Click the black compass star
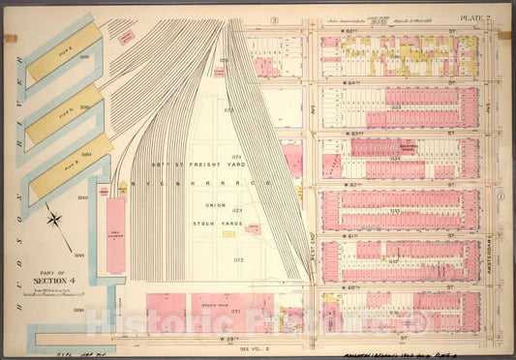tap(56, 220)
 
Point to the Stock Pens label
tap(213, 303)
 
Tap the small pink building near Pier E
tap(124, 37)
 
